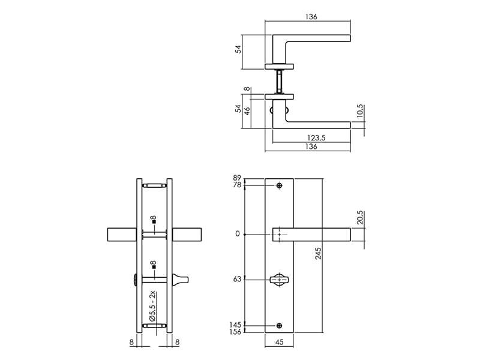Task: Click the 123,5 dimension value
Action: coord(316,138)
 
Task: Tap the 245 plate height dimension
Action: coord(319,254)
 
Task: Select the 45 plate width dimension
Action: coord(279,342)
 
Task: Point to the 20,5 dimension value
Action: coord(360,217)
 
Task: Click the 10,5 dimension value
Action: coord(360,111)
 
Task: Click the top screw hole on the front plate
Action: coord(279,185)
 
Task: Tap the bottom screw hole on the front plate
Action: coord(279,326)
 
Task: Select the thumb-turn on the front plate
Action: coord(279,280)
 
